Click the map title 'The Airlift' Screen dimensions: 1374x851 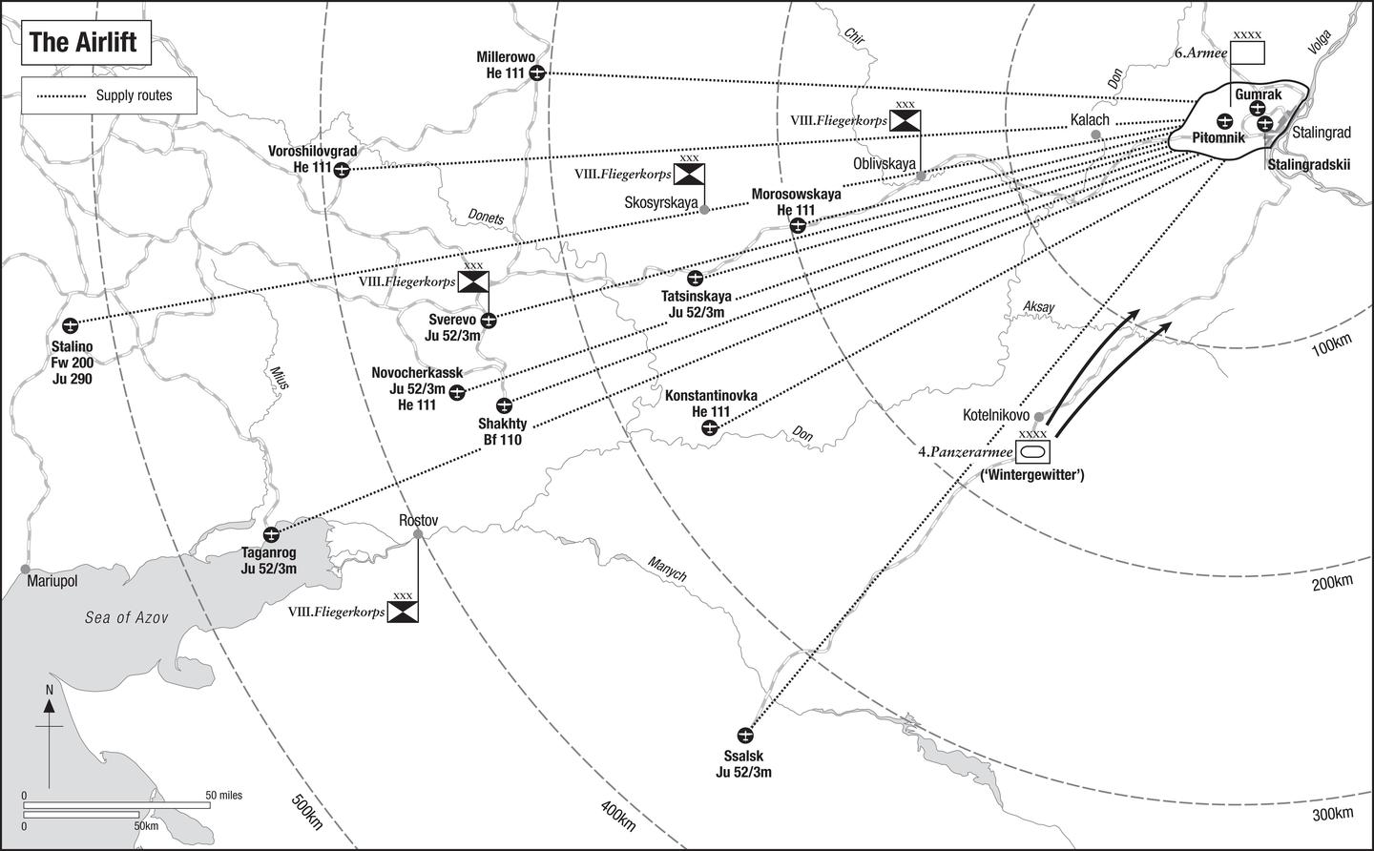pyautogui.click(x=83, y=43)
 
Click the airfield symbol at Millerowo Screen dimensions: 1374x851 pyautogui.click(x=537, y=73)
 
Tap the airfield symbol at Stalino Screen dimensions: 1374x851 pyautogui.click(x=69, y=323)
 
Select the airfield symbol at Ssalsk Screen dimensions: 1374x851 pyautogui.click(x=745, y=736)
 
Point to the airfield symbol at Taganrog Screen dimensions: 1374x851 pyautogui.click(x=271, y=534)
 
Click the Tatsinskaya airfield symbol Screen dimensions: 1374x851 pyautogui.click(x=696, y=279)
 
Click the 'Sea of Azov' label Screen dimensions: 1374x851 pyautogui.click(x=126, y=618)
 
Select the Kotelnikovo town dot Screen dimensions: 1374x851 pyautogui.click(x=1039, y=417)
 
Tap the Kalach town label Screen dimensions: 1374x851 pyautogui.click(x=1089, y=119)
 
